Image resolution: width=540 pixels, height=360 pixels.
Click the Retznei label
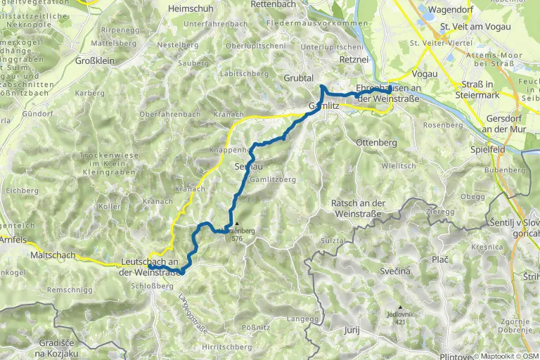coord(354,60)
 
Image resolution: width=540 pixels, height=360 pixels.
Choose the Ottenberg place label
coord(377,142)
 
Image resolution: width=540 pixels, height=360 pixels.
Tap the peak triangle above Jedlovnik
coord(400,307)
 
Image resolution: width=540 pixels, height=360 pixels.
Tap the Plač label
coord(441,259)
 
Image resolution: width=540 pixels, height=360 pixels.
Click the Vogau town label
coord(425,74)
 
